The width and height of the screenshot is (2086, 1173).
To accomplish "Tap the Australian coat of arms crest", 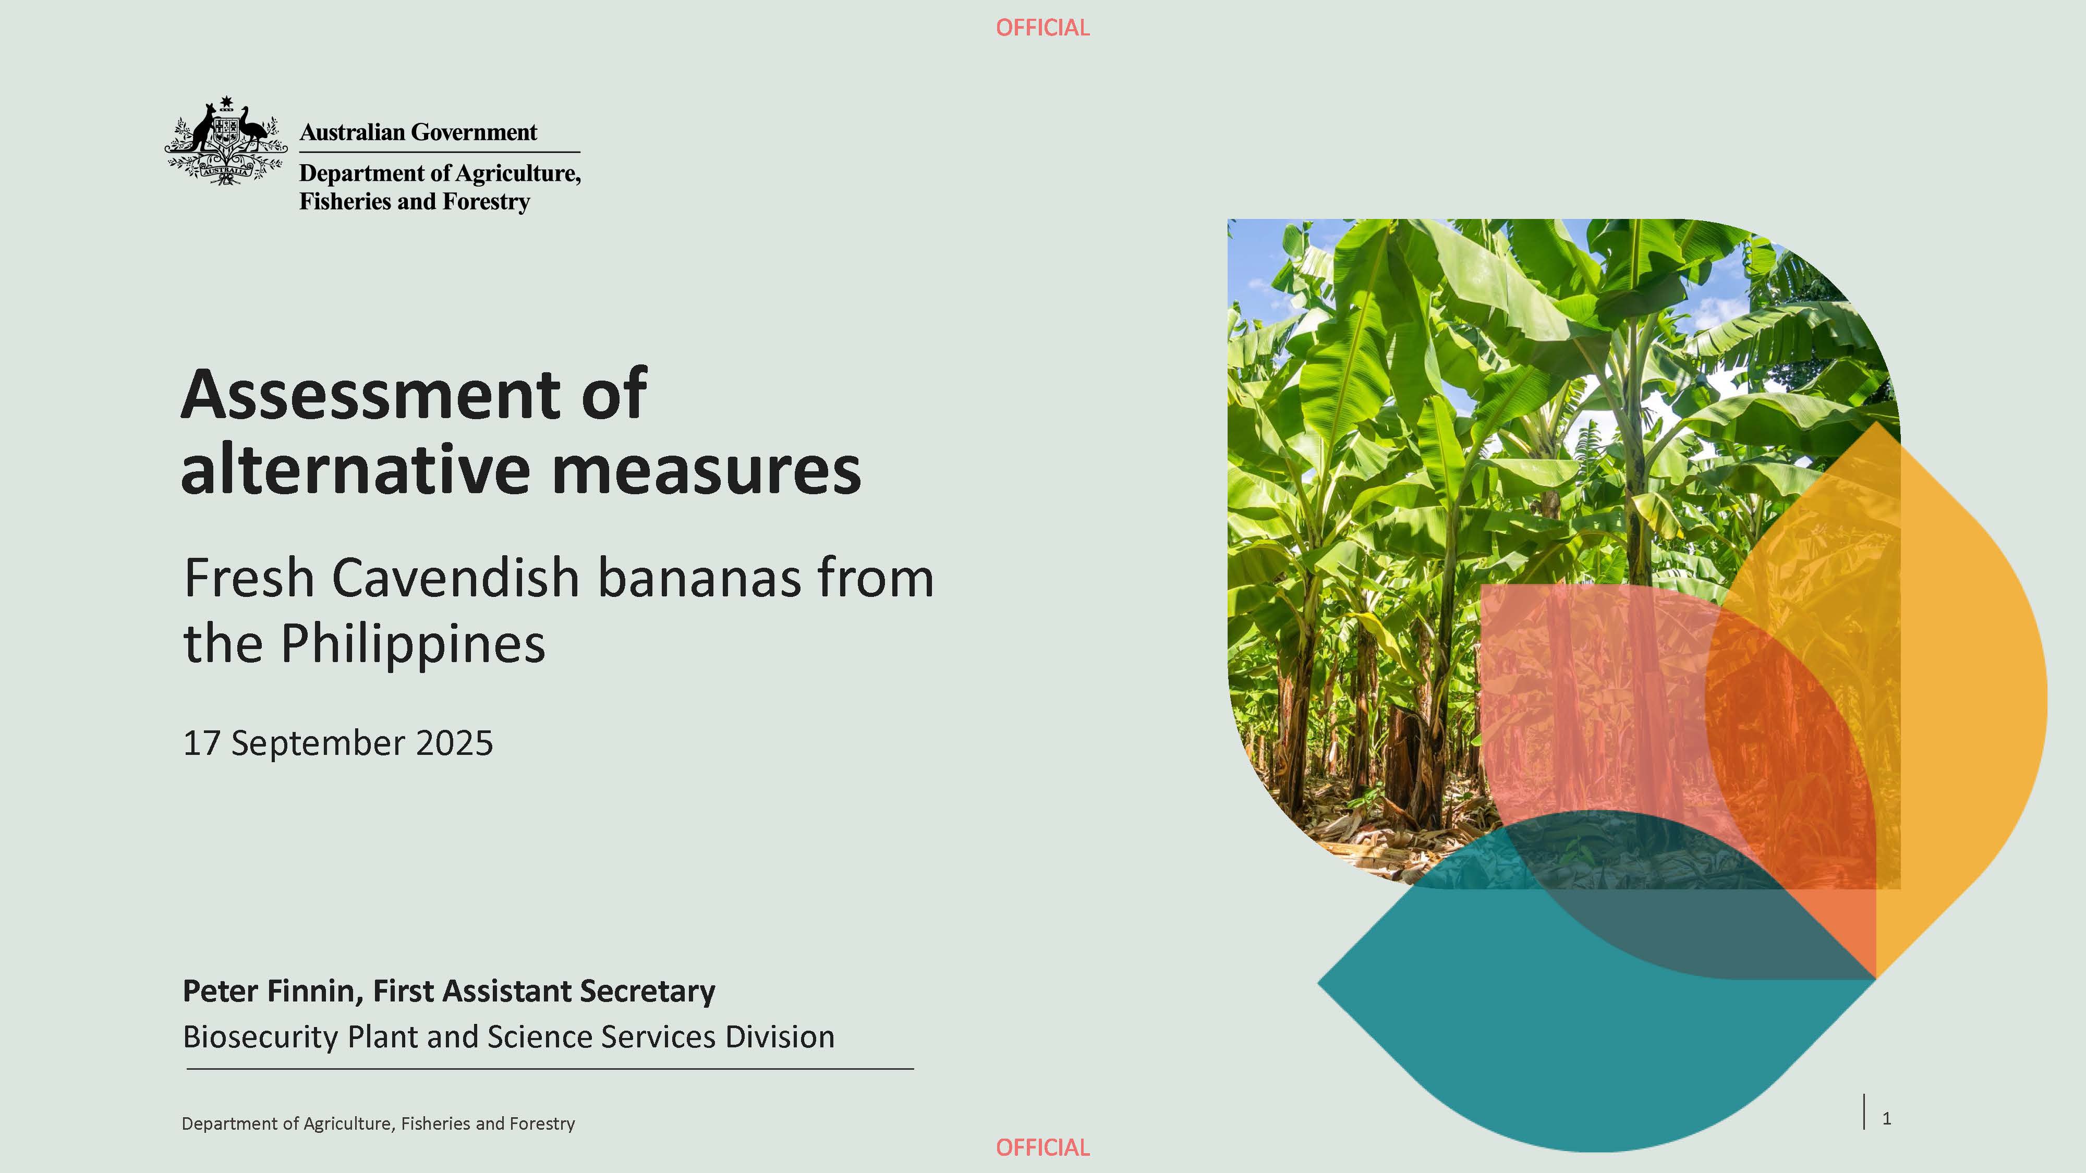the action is tap(226, 140).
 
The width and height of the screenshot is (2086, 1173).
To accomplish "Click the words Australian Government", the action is tap(418, 132).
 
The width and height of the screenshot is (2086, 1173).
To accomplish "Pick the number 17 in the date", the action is tap(202, 743).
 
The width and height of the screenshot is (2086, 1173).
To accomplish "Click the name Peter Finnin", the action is tap(273, 992).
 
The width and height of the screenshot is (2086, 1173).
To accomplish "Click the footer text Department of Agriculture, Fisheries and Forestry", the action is tap(378, 1123).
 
